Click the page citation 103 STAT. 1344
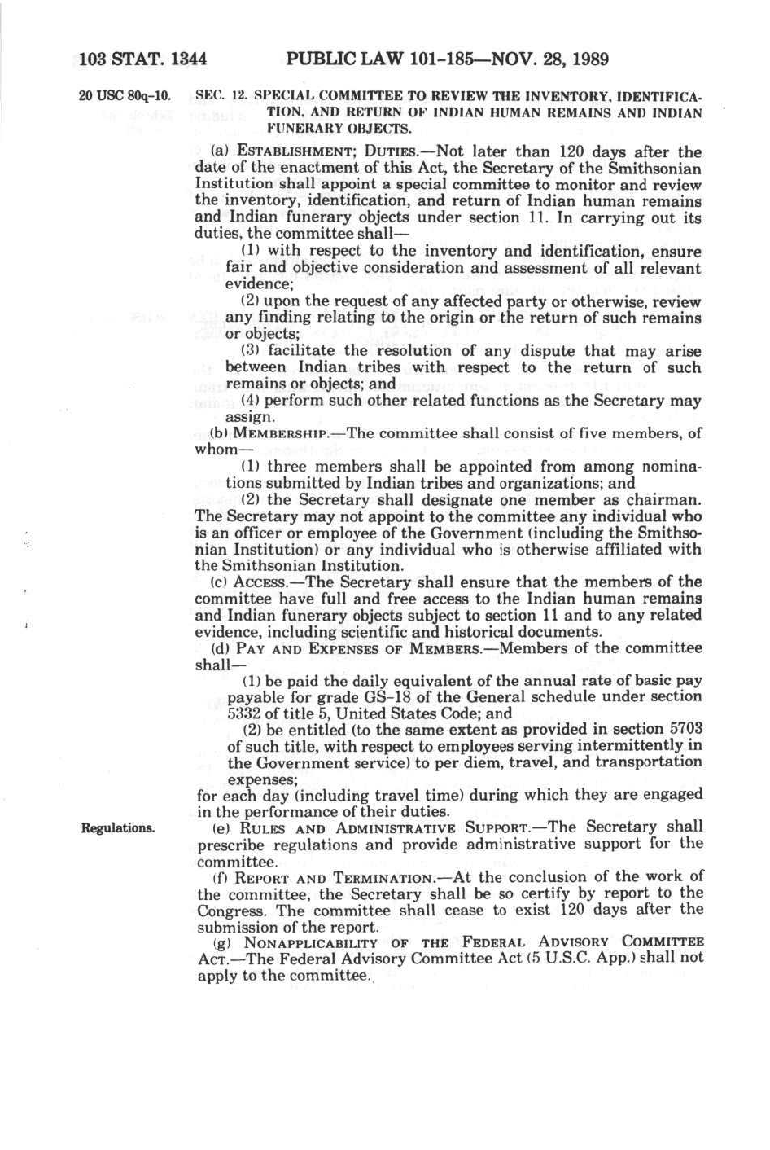(x=143, y=59)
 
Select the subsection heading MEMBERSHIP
(x=280, y=433)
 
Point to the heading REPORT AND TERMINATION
(x=332, y=877)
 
